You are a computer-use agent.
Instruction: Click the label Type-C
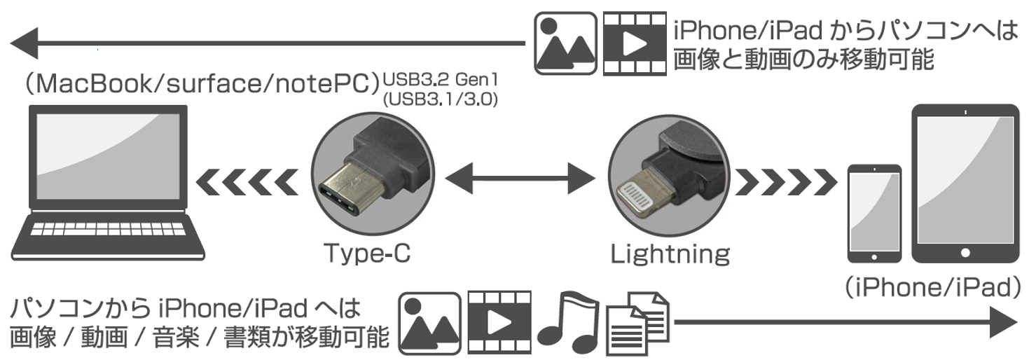tap(366, 253)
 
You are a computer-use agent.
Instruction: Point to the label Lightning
tap(670, 254)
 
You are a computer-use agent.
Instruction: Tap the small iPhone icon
tap(874, 213)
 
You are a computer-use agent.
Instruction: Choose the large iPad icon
tap(966, 184)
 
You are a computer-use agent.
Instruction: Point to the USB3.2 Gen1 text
tap(440, 78)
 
